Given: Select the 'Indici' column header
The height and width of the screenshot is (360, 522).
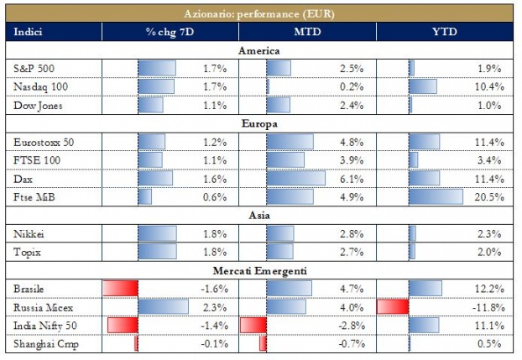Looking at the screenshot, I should (x=29, y=32).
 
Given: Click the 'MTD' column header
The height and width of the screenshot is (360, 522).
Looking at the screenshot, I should (x=307, y=32).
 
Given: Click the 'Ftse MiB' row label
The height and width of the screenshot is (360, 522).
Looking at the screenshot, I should (x=33, y=196).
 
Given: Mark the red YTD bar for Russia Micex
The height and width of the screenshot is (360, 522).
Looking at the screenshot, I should (x=393, y=306).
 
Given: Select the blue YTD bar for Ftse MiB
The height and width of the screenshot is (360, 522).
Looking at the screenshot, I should (x=436, y=196).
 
